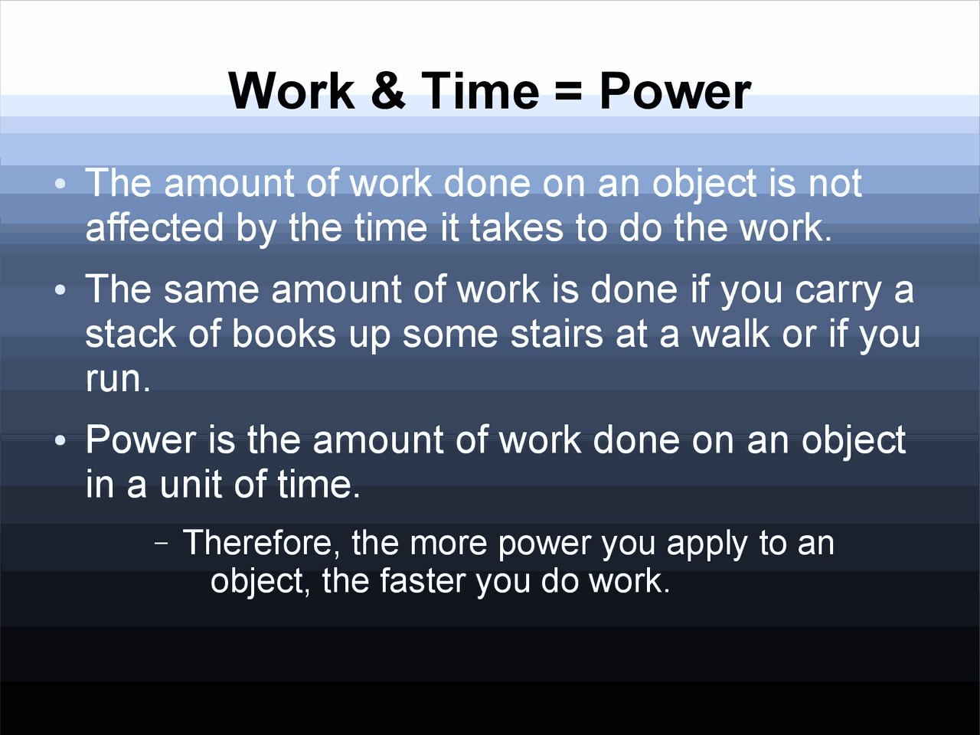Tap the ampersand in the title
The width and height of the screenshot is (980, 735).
click(x=388, y=91)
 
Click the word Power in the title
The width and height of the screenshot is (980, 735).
click(x=675, y=91)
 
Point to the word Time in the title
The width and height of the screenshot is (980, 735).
click(x=480, y=91)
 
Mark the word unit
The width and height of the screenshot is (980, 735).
click(x=201, y=484)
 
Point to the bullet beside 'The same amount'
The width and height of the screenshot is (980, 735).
click(x=60, y=290)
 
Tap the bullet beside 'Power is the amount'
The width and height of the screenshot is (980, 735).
click(x=60, y=441)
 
